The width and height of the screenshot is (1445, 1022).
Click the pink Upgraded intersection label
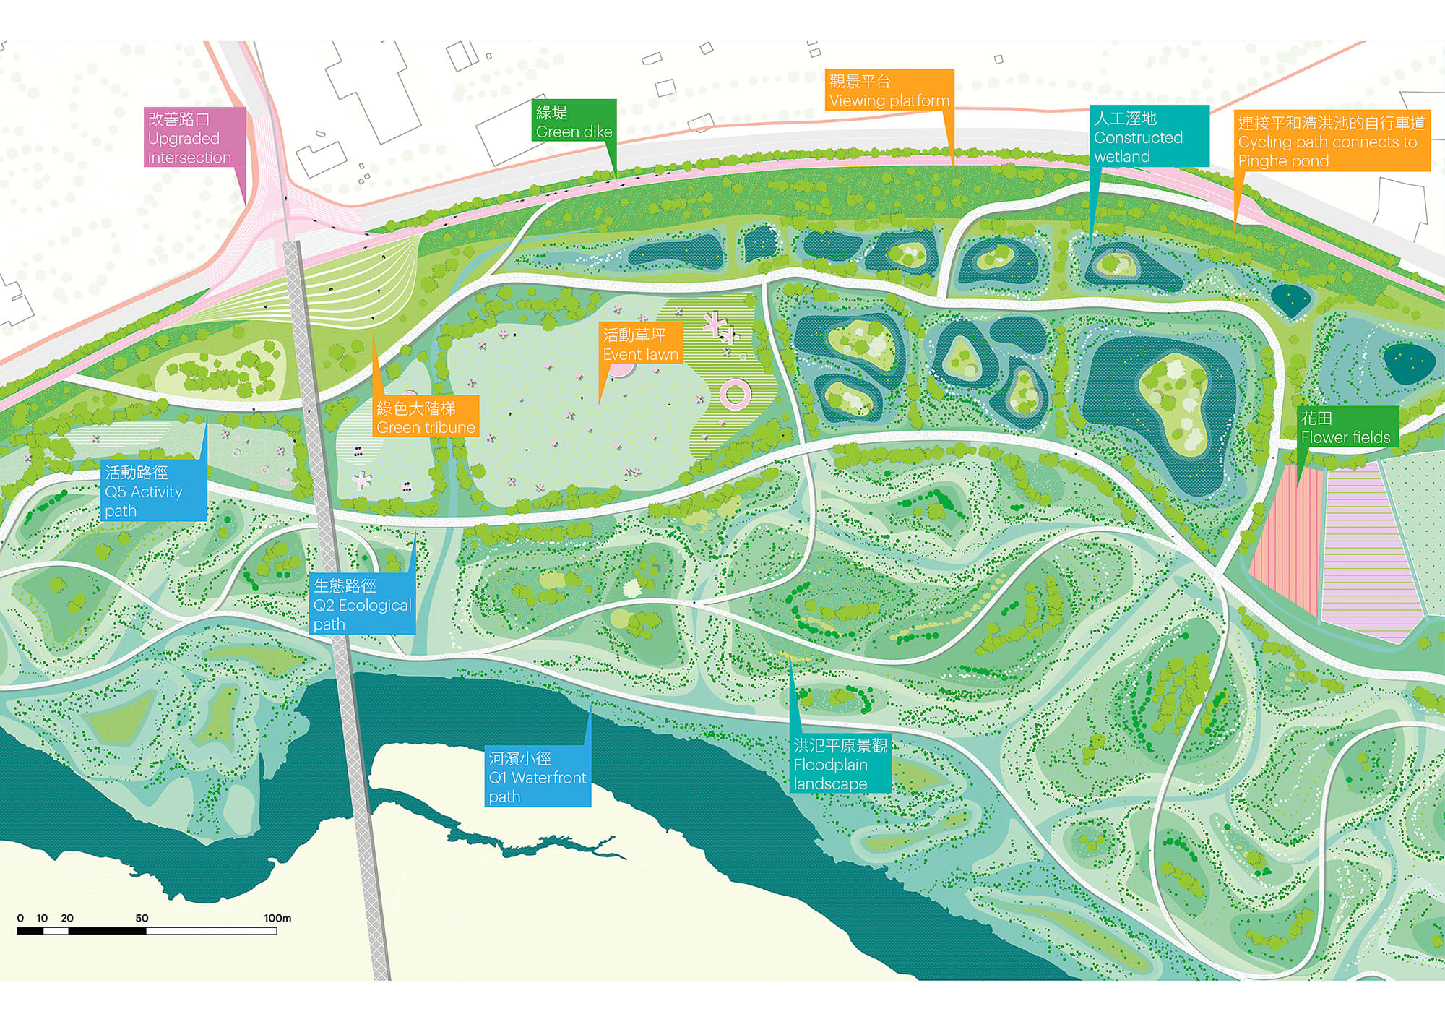[194, 137]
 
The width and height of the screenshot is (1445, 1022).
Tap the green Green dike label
[575, 121]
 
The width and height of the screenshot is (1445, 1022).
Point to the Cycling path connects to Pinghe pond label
[1332, 142]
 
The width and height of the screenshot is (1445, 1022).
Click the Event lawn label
[640, 344]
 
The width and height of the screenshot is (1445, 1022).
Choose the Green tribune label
[426, 418]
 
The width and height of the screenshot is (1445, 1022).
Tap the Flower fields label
[1346, 427]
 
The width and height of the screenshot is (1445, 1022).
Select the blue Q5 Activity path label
[154, 491]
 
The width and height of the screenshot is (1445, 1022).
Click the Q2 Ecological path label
[362, 604]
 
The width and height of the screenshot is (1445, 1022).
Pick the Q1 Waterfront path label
[538, 777]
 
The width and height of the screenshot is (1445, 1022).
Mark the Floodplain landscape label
[840, 764]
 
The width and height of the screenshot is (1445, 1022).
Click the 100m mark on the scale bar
[277, 919]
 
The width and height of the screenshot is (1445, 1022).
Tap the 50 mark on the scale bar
[142, 919]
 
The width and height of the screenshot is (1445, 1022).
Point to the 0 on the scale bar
[20, 919]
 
